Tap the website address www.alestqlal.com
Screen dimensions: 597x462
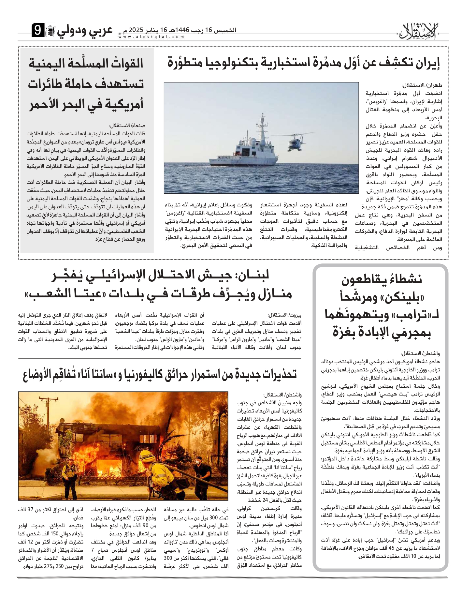(x=152, y=37)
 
